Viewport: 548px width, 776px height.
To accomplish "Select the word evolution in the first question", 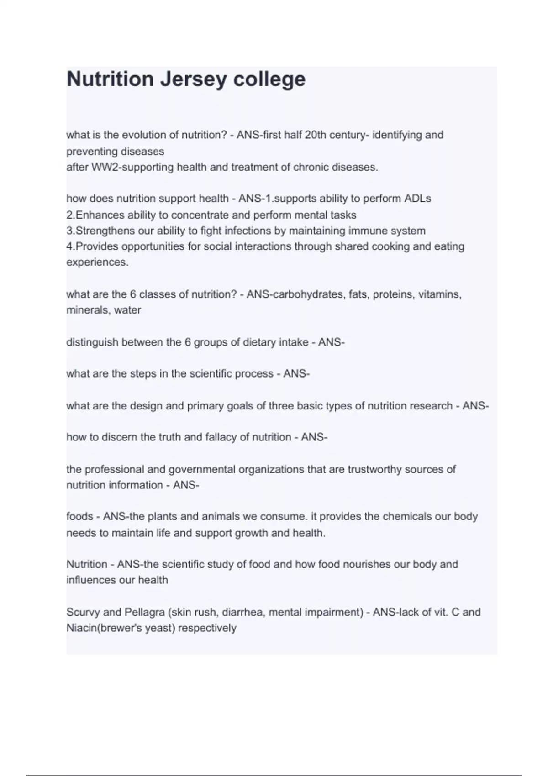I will point(137,135).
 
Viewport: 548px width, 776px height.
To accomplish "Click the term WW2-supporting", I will point(120,167).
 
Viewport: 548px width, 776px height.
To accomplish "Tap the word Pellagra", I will point(145,612).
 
